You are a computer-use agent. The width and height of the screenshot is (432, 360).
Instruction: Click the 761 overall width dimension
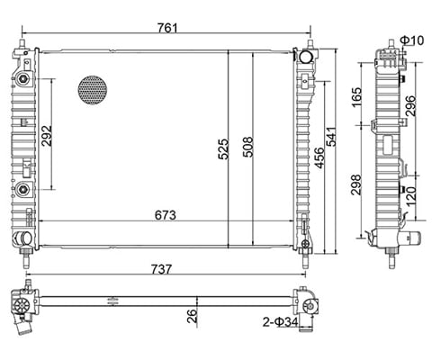(x=164, y=27)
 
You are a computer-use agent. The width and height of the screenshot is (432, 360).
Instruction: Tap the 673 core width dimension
(x=164, y=215)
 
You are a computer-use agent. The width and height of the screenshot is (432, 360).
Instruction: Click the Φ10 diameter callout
(x=411, y=40)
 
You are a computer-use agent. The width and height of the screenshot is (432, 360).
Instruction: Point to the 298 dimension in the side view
(x=359, y=185)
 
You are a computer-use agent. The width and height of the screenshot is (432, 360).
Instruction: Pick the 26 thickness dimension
(x=191, y=315)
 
